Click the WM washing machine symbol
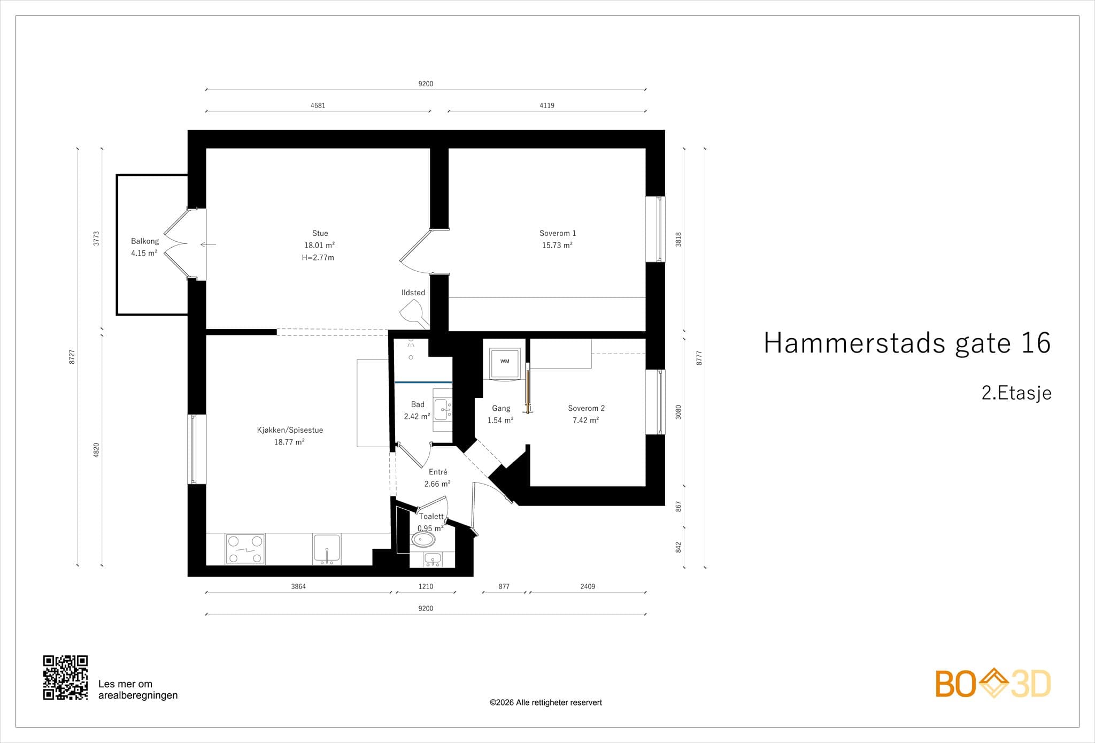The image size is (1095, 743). tap(505, 362)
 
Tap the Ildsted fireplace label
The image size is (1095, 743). tap(413, 293)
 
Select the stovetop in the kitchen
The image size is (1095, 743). tap(245, 549)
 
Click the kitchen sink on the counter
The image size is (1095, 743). tap(326, 548)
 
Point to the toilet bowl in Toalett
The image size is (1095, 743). tap(423, 540)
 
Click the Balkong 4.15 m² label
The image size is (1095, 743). tap(144, 247)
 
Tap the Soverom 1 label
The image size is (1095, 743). tap(557, 233)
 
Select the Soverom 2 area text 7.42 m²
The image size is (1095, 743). tap(585, 420)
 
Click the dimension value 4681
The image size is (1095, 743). tap(318, 105)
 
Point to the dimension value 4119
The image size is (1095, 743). tap(546, 105)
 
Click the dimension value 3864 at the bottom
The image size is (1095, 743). tap(298, 586)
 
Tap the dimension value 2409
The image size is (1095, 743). tap(587, 586)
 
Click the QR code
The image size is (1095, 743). tap(65, 677)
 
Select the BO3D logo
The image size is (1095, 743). tap(992, 684)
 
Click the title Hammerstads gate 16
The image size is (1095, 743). tap(907, 343)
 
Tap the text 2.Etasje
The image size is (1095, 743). tap(1016, 393)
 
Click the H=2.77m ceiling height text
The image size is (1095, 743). tap(318, 257)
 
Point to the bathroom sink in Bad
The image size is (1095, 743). tap(443, 410)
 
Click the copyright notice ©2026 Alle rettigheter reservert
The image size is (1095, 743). tap(545, 702)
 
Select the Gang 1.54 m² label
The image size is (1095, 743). tap(500, 414)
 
